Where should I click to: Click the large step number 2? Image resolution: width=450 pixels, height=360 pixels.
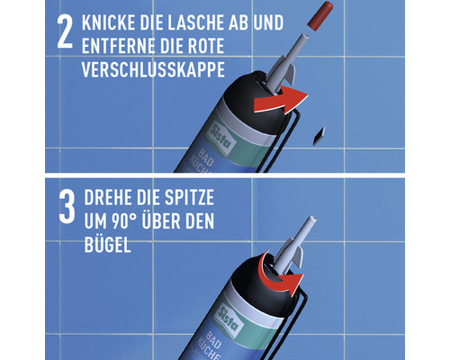pyautogui.click(x=61, y=35)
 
